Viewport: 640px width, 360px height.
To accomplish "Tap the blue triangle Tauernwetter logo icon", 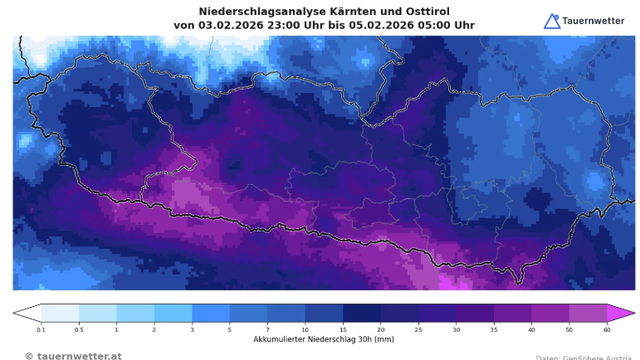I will pyautogui.click(x=552, y=21).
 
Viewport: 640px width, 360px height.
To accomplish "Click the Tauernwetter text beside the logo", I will pyautogui.click(x=594, y=21).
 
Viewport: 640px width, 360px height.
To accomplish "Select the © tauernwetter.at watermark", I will pyautogui.click(x=73, y=356).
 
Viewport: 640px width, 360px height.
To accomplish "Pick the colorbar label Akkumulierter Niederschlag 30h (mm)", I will pyautogui.click(x=324, y=339).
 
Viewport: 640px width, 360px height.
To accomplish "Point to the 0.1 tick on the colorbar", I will pyautogui.click(x=42, y=329).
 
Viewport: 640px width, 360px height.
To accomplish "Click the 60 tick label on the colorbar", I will pyautogui.click(x=607, y=329).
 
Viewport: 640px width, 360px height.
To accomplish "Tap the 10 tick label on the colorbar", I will pyautogui.click(x=305, y=329).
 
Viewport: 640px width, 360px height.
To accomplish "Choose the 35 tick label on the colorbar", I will pyautogui.click(x=494, y=329).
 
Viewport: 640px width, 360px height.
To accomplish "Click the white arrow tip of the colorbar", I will pyautogui.click(x=25, y=313).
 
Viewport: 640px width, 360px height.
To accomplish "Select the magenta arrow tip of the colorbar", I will pyautogui.click(x=623, y=313).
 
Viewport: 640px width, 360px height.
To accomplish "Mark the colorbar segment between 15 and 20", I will pyautogui.click(x=361, y=313).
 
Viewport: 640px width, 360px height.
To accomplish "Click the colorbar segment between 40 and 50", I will pyautogui.click(x=550, y=313).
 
